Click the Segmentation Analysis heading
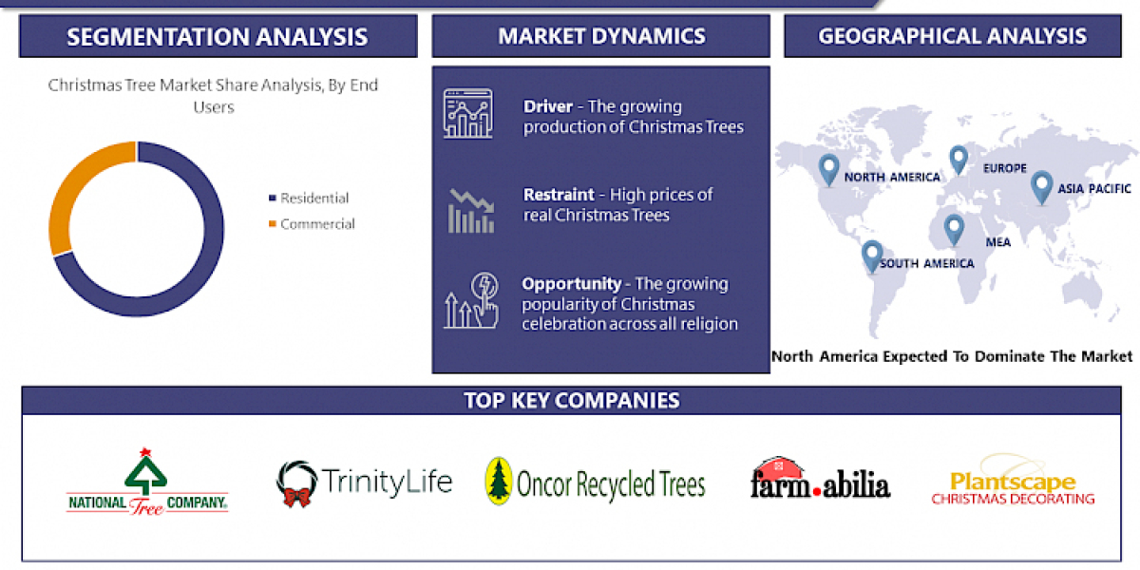click(218, 37)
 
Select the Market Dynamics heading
click(601, 37)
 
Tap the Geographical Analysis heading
click(952, 37)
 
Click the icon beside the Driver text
click(467, 115)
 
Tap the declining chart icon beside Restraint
click(470, 210)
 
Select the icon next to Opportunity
click(470, 301)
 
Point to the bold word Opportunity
click(571, 283)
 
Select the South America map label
click(926, 263)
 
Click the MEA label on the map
click(997, 242)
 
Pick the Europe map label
click(1005, 168)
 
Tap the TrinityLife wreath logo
click(296, 484)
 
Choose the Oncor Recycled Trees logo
click(596, 483)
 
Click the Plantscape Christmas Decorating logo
click(1013, 485)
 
